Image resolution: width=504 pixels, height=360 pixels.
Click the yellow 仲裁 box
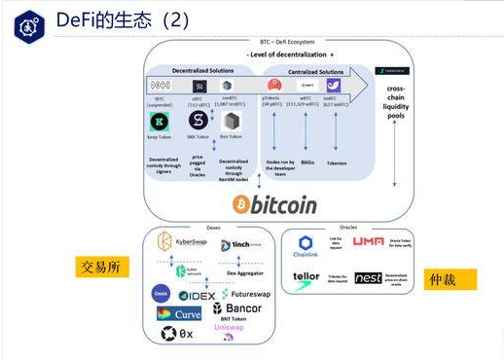tap(450, 279)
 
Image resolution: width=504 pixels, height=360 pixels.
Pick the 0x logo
tap(177, 334)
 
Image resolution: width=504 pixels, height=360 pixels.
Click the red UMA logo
tap(369, 240)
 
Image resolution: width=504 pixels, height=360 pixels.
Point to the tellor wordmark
tap(306, 277)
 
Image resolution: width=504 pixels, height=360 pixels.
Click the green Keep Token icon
tap(158, 121)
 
